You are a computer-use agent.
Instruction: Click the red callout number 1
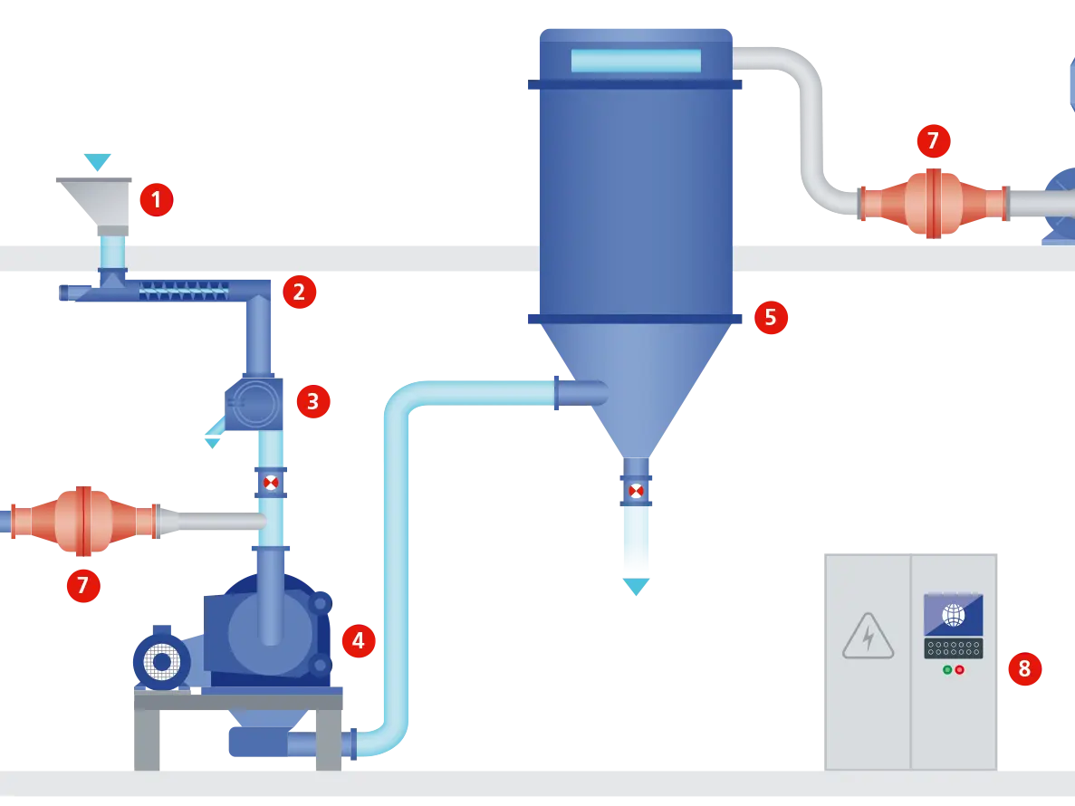click(156, 199)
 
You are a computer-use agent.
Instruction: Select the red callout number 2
click(299, 292)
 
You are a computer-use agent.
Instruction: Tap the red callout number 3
click(312, 401)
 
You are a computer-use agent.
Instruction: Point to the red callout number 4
click(358, 641)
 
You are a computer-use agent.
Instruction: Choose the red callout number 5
click(771, 318)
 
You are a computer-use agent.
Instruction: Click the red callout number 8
click(1024, 669)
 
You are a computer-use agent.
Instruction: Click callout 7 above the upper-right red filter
click(933, 141)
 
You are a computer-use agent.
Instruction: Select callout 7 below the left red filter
click(82, 586)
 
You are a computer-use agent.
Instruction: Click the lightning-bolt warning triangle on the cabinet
click(868, 636)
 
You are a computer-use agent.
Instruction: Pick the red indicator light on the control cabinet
click(959, 670)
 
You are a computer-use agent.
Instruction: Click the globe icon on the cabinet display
click(953, 615)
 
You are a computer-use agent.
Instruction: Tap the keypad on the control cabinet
click(953, 648)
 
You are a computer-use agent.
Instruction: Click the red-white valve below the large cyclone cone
click(637, 491)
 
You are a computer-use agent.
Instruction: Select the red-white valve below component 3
click(271, 483)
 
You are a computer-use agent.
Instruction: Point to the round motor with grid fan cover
click(161, 663)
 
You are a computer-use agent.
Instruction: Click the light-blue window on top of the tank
click(636, 61)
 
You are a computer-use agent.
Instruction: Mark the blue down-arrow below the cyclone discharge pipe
click(636, 589)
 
